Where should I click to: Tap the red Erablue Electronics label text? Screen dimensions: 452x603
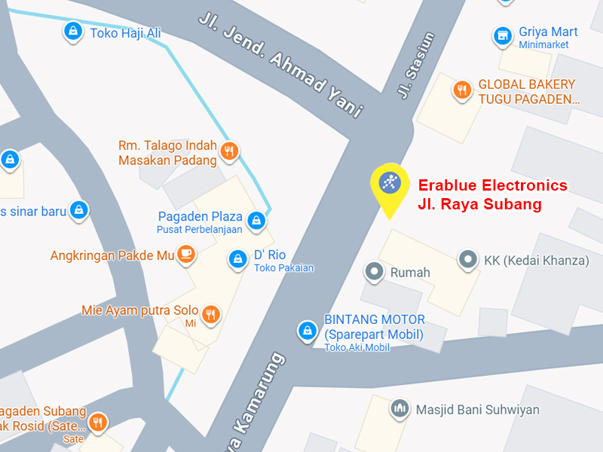click(492, 185)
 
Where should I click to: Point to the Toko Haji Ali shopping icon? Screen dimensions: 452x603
click(72, 31)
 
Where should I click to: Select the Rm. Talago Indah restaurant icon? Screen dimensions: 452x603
click(231, 151)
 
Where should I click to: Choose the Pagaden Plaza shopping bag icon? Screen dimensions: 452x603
click(257, 221)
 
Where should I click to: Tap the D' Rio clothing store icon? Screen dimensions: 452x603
click(238, 260)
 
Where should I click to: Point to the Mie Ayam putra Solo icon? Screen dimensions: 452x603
click(211, 314)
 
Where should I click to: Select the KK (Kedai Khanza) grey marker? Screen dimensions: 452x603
click(468, 260)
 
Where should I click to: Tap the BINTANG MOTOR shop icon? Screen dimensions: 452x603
click(307, 330)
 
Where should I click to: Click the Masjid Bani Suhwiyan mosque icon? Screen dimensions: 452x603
click(399, 409)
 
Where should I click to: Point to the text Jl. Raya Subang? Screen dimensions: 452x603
click(479, 204)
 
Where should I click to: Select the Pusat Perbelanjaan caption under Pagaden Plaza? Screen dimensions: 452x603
click(199, 229)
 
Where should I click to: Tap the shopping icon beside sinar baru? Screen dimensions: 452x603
click(78, 210)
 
